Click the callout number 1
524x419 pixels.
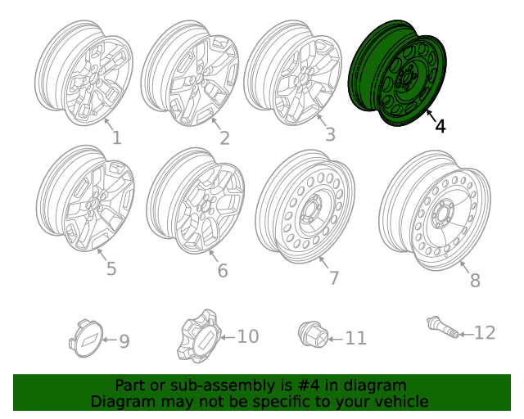tap(116, 137)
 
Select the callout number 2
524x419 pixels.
tap(224, 138)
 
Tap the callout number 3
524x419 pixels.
tap(330, 134)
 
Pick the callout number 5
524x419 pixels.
tap(111, 268)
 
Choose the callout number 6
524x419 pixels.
tap(223, 271)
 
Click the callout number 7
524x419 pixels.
tap(333, 278)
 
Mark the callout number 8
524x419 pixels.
tap(475, 281)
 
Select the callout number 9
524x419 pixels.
tap(124, 341)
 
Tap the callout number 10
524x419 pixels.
tap(247, 336)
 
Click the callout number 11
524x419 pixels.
tap(355, 338)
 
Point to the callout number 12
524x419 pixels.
tap(485, 332)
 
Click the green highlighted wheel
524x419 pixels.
tap(397, 74)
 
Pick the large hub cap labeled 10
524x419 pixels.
tap(197, 336)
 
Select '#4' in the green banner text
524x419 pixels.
tap(314, 385)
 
